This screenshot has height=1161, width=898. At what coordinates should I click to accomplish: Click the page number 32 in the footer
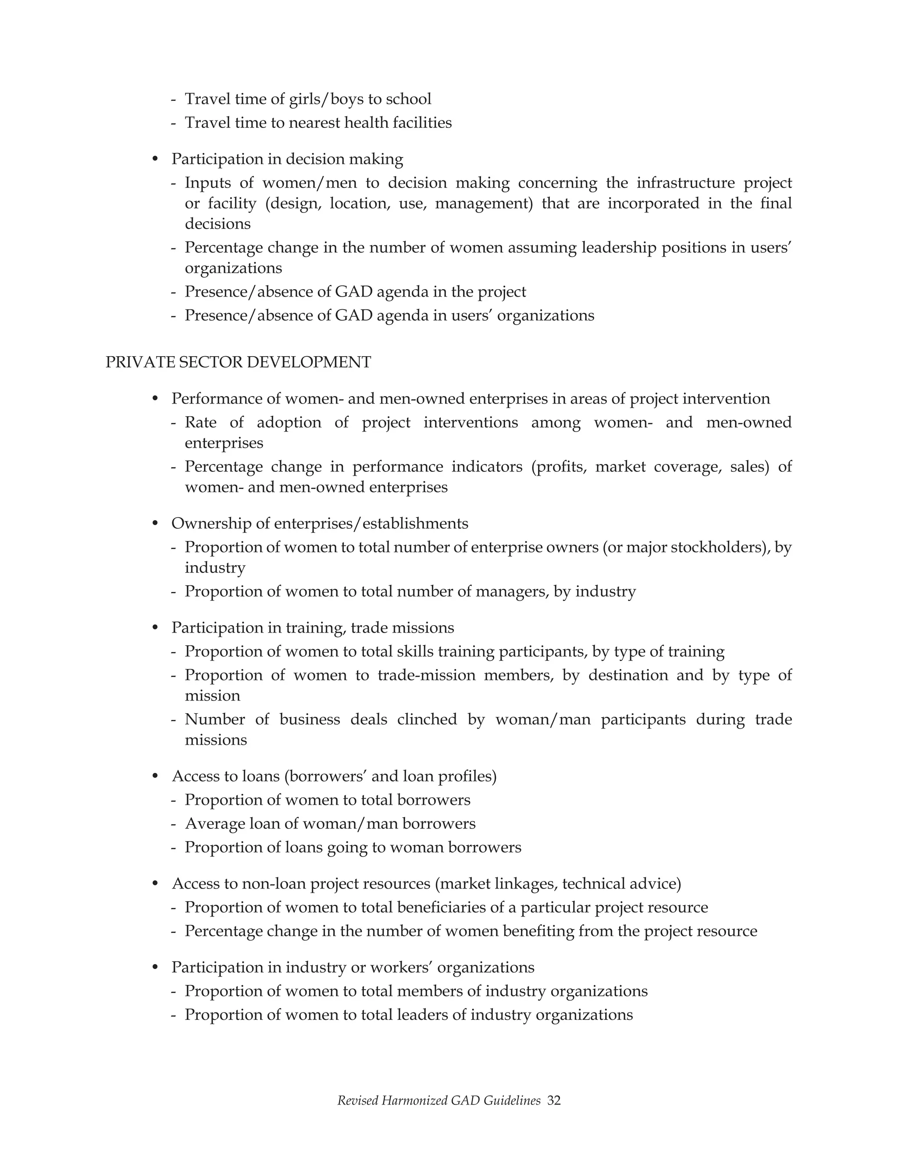click(554, 1101)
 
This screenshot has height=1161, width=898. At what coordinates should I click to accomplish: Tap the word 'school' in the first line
click(408, 99)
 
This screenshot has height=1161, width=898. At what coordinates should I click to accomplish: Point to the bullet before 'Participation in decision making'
click(155, 159)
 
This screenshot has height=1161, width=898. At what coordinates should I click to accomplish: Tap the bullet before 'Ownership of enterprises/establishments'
click(155, 524)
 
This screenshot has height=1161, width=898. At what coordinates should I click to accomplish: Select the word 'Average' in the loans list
click(215, 824)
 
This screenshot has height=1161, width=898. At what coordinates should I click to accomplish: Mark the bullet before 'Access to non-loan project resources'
click(155, 884)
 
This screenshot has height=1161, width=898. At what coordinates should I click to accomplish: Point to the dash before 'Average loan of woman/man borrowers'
click(174, 824)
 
